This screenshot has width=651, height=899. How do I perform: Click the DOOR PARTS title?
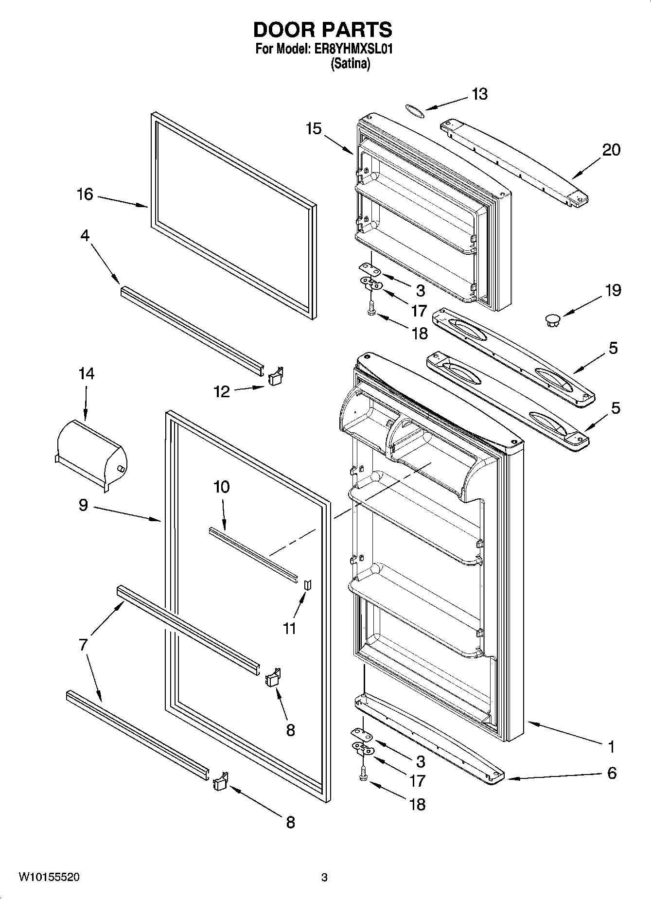[322, 30]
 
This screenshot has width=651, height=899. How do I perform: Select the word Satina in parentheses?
[350, 64]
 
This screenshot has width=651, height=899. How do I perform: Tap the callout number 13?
[479, 94]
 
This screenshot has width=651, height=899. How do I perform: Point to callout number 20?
[611, 150]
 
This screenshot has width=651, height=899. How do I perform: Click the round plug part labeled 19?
[552, 319]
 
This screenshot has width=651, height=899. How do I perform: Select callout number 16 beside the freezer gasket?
[85, 194]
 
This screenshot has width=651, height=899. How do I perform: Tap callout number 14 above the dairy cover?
[86, 373]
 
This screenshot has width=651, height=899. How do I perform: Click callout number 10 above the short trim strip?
[221, 487]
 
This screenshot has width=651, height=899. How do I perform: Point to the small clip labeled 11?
[307, 584]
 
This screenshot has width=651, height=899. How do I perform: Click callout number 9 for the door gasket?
[83, 505]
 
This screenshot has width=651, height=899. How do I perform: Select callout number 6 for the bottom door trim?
[612, 773]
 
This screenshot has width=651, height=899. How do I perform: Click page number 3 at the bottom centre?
[324, 878]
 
